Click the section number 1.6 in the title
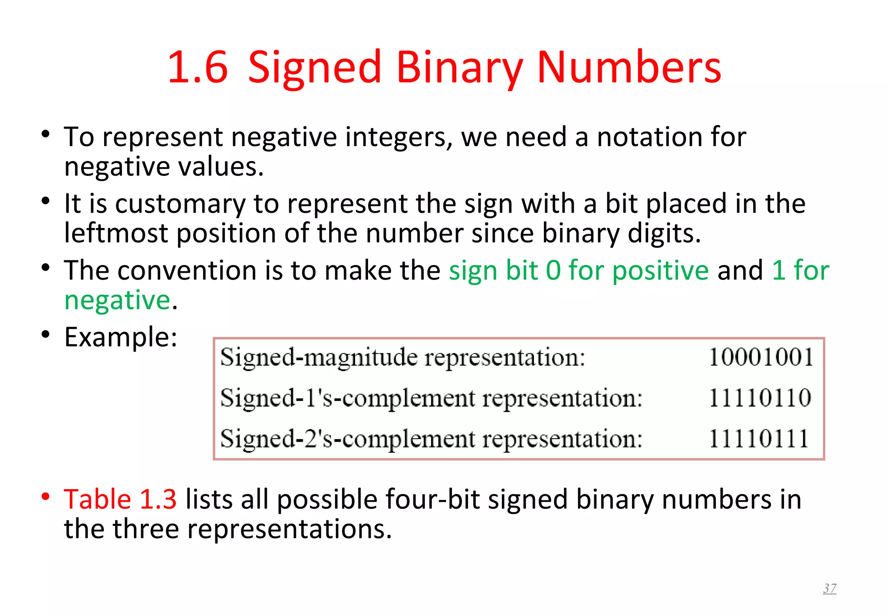pos(198,67)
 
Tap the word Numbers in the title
pos(629,67)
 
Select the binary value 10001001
pos(761,357)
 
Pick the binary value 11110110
pos(760,397)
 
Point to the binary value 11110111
pos(759,438)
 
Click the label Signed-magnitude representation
pos(402,358)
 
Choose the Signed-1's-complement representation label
pos(431,398)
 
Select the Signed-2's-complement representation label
pos(431,439)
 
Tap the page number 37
pos(830,588)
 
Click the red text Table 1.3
pos(120,499)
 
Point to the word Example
pos(120,337)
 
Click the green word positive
pos(660,270)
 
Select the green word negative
pos(117,300)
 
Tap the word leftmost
pos(116,233)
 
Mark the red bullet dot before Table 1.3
pos(46,496)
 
